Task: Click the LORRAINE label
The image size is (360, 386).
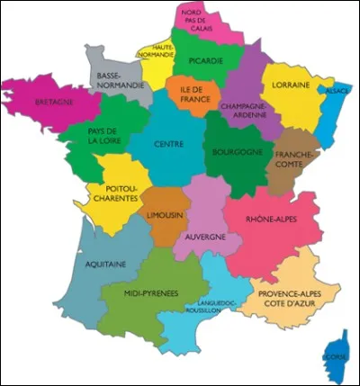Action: (x=285, y=85)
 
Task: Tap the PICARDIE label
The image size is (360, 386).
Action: (x=206, y=61)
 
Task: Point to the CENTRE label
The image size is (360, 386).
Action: (x=168, y=144)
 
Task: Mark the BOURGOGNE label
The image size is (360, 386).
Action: (x=236, y=152)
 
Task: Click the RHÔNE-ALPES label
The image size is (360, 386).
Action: (x=272, y=220)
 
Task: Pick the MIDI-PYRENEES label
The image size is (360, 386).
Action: (x=150, y=293)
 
